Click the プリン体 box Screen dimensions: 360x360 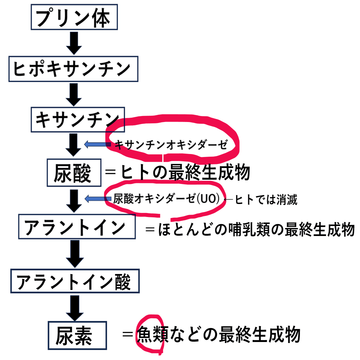[74, 17]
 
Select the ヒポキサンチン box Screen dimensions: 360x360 [73, 69]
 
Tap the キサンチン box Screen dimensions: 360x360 [77, 119]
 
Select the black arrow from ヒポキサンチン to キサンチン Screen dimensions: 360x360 [74, 94]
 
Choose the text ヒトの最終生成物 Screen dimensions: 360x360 [185, 173]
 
